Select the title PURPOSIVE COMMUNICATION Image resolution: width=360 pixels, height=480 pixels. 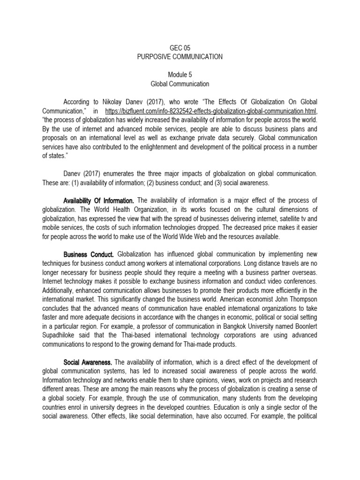(x=180, y=57)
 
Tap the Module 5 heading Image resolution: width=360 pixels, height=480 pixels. (x=180, y=75)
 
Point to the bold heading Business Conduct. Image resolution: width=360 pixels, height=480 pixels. (x=89, y=255)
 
